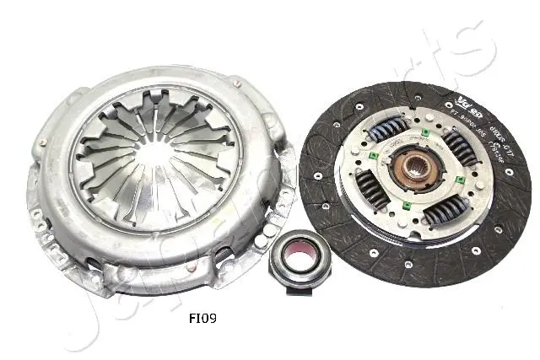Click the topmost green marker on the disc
[426, 132]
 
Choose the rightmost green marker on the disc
[461, 180]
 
